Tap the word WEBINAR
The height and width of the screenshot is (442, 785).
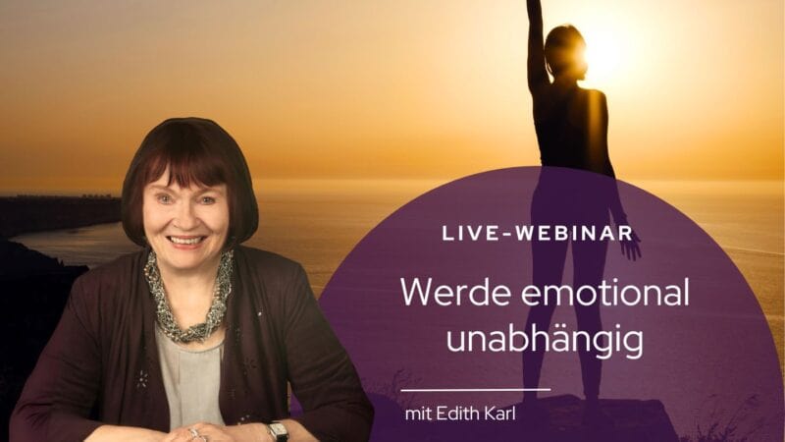point(574,234)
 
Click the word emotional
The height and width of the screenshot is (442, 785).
point(604,293)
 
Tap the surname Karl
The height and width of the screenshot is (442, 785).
point(499,414)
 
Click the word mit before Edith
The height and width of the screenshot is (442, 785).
point(418,414)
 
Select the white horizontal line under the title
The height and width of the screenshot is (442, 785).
point(476,389)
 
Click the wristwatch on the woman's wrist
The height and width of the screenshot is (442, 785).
point(277,431)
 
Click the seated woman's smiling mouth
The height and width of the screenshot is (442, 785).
point(185,241)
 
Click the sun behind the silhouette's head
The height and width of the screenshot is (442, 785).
point(602,53)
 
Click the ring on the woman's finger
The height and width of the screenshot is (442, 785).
point(193,432)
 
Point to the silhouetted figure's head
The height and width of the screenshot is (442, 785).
point(565,50)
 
